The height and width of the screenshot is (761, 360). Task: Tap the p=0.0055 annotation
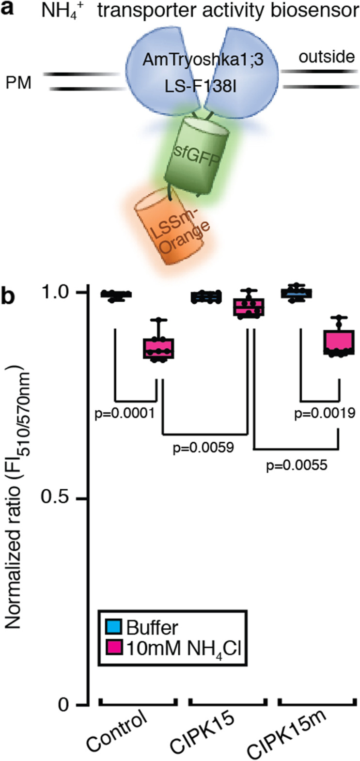(x=297, y=466)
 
